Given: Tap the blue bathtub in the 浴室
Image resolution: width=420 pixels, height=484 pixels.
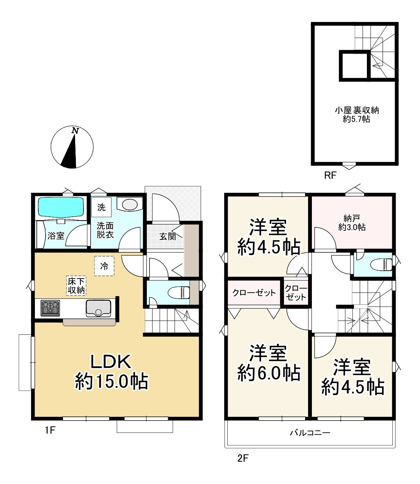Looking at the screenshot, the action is pos(61,207).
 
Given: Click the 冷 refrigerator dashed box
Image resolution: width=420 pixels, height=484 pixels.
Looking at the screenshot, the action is pos(104,266).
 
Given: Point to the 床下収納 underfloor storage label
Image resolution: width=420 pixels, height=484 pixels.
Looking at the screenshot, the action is pos(76,286).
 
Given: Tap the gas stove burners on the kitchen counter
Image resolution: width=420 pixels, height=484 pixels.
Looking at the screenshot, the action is pos(50,308).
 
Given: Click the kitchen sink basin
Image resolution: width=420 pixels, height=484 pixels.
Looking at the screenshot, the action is pos(98,308).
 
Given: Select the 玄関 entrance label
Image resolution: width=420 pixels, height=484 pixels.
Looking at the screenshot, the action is pos(168,236).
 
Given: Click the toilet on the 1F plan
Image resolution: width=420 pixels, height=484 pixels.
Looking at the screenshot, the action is pos(179,293).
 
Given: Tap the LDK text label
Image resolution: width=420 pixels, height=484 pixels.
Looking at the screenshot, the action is pos(111,362).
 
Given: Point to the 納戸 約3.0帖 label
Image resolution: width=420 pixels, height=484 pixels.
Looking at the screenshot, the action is pos(352,222).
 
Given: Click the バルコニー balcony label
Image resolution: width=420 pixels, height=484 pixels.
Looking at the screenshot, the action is pos(310,433).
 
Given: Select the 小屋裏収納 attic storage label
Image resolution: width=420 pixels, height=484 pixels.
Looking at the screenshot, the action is pos(357,110).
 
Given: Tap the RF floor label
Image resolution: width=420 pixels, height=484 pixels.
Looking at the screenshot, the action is pos(330,175).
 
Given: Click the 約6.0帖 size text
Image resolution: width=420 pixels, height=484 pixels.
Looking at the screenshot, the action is pos(269,373).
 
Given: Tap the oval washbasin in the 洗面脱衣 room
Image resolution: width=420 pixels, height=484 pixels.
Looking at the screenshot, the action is pos(130,204).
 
